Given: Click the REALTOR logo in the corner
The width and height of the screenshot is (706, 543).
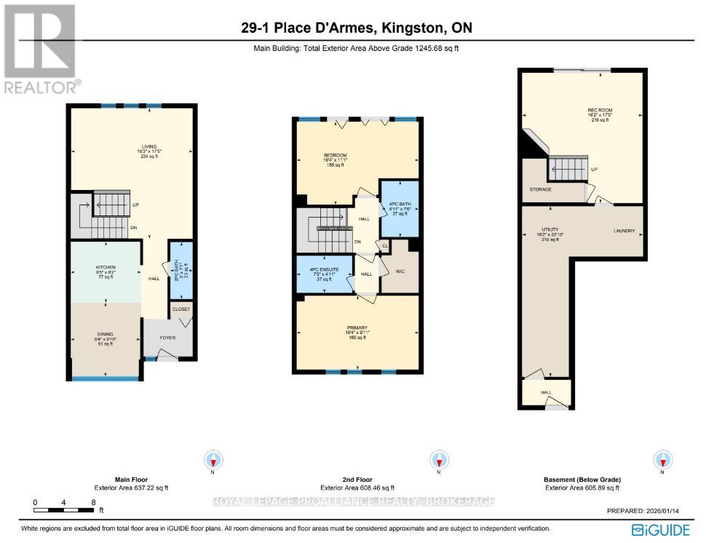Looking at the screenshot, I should [x=41, y=48].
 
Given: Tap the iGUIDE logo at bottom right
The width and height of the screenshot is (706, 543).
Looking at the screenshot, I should [x=661, y=528].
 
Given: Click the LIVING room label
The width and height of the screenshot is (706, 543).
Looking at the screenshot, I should [x=148, y=147].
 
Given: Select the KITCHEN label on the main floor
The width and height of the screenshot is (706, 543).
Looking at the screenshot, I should [x=106, y=268].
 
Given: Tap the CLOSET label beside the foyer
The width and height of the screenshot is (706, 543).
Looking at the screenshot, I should [x=181, y=309].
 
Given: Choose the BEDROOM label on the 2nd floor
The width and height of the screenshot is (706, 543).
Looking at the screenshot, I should [x=335, y=155].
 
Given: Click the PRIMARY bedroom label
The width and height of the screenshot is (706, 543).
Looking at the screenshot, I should [x=357, y=328].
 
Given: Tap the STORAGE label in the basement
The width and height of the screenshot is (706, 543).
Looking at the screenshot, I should [x=540, y=189].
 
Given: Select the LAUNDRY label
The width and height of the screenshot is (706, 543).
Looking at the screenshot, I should [x=624, y=231].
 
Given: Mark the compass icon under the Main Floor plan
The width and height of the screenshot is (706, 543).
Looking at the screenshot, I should [x=213, y=461].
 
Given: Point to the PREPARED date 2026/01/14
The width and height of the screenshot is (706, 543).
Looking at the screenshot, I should [x=644, y=512].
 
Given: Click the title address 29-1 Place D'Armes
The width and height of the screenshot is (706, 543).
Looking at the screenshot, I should [x=357, y=29].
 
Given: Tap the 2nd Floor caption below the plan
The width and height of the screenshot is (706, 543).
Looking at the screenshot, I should [x=357, y=480].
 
